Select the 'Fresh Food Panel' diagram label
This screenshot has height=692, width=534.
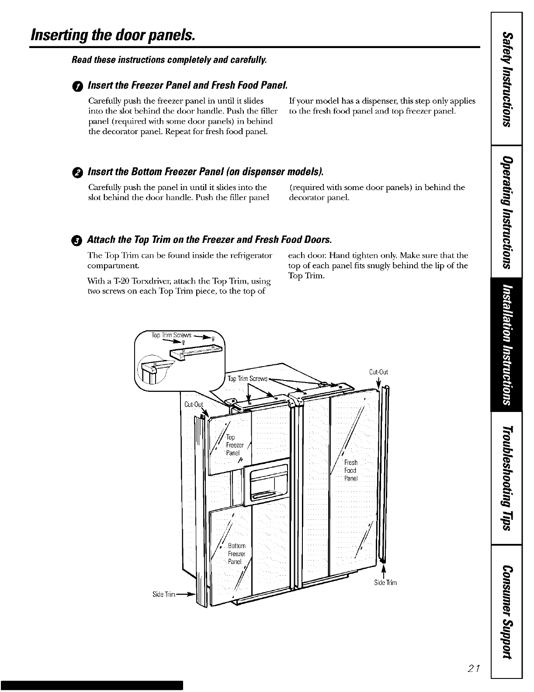pos(350,471)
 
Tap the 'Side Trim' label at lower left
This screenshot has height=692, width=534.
pos(164,595)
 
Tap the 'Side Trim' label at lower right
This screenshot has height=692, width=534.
pos(385,583)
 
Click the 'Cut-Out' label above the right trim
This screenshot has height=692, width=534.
pos(378,372)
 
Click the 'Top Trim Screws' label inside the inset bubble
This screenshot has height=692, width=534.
pos(169,336)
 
